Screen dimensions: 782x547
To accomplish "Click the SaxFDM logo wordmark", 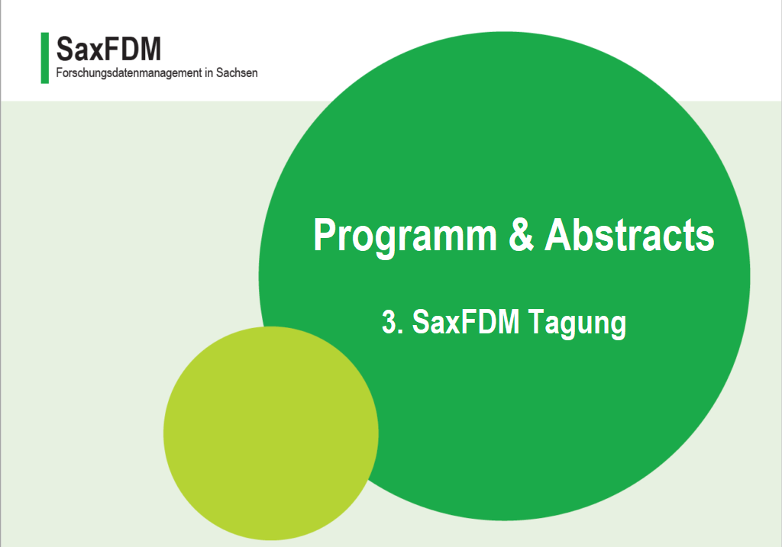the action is tap(108, 49).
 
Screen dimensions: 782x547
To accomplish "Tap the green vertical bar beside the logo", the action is tap(45, 58).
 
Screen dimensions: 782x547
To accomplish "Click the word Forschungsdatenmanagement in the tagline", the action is tap(128, 73).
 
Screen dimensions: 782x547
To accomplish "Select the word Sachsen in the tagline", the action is tap(237, 72).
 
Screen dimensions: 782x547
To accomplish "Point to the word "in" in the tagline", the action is tap(208, 72).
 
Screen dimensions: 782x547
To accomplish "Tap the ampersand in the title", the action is tap(521, 235).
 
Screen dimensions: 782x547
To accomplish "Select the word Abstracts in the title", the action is tap(629, 235).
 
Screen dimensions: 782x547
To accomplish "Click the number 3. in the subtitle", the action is tap(393, 322).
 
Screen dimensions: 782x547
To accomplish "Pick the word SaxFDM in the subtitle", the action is tap(466, 322).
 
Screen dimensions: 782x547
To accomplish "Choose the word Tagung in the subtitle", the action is tap(577, 324).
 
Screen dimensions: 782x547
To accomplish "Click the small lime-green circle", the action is tap(271, 433).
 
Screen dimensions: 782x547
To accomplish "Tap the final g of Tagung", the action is tap(618, 327).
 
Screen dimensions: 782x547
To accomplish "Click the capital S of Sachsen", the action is tap(219, 72).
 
